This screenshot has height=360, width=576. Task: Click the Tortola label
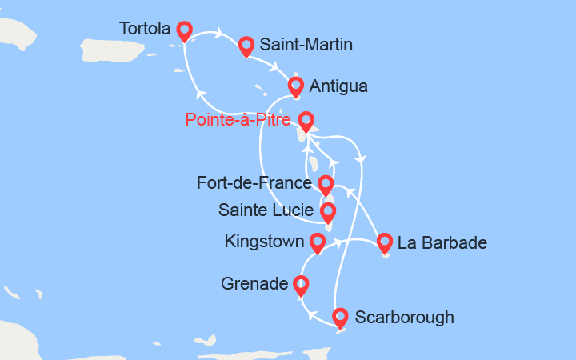tap(145, 29)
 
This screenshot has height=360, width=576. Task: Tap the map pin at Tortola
tap(185, 30)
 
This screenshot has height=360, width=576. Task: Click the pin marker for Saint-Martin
tap(246, 46)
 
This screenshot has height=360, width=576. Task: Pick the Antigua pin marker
tap(297, 85)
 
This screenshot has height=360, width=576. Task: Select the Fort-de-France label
tap(254, 184)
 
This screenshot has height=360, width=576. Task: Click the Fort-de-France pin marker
tap(326, 185)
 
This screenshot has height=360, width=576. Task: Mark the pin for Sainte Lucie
tap(327, 212)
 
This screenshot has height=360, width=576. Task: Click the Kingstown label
tap(264, 241)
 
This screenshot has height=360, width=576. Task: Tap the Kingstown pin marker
tap(318, 242)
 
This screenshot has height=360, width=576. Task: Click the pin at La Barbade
tap(385, 242)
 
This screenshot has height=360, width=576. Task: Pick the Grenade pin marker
tap(301, 284)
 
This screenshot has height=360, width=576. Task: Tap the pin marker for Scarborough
tap(340, 318)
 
